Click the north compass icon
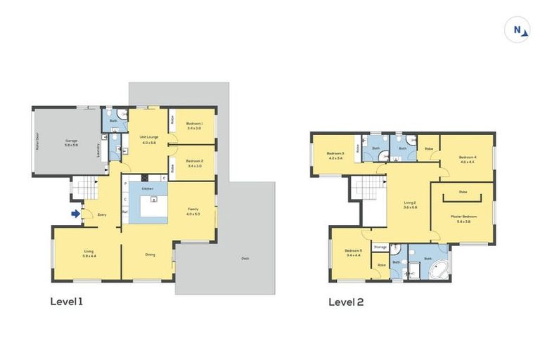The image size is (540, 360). click(x=518, y=30)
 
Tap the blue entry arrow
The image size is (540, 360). click(x=75, y=213)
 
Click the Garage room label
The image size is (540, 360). click(x=71, y=143)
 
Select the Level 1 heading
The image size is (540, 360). click(x=67, y=302)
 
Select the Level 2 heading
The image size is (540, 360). click(x=346, y=302)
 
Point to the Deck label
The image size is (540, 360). click(x=245, y=259)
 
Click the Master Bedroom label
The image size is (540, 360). click(x=463, y=218)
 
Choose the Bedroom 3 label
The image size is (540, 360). click(x=335, y=155)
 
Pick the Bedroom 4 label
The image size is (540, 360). click(x=468, y=159)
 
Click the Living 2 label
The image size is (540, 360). click(x=409, y=205)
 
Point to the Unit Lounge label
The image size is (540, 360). click(x=148, y=139)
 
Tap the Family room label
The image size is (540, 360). click(x=193, y=211)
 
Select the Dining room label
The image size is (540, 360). click(x=150, y=255)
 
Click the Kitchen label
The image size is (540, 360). click(x=148, y=189)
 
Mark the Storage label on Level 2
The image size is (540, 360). click(x=380, y=247)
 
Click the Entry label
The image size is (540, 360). click(x=102, y=215)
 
